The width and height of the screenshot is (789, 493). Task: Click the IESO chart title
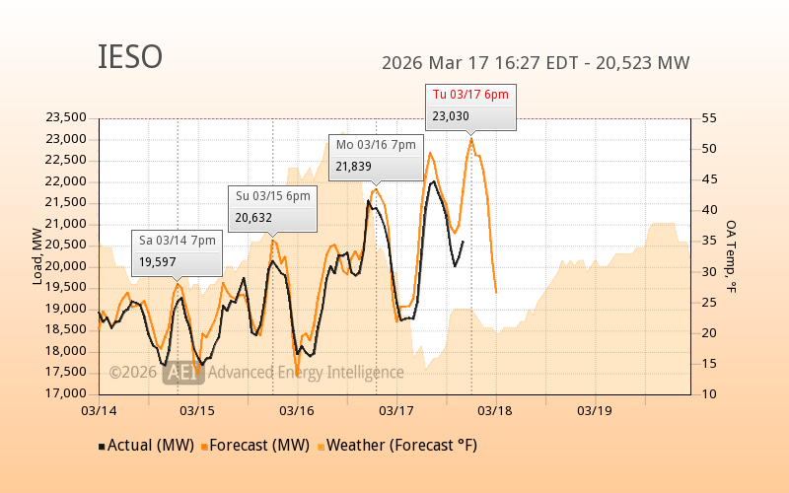[x=130, y=58]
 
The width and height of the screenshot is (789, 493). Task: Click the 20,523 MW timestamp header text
[x=536, y=63]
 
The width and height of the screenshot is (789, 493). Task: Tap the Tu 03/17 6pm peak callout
[x=470, y=106]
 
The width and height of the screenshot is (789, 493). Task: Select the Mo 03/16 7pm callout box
[x=377, y=156]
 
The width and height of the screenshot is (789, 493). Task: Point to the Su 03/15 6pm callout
[x=273, y=207]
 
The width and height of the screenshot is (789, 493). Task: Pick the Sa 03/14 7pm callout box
[x=177, y=250]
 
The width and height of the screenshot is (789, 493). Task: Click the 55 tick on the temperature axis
[x=708, y=117]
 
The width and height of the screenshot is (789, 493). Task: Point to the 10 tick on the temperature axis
[x=708, y=393]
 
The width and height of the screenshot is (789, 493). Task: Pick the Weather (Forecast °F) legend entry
[x=398, y=446]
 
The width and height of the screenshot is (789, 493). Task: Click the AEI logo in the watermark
[x=184, y=373]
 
